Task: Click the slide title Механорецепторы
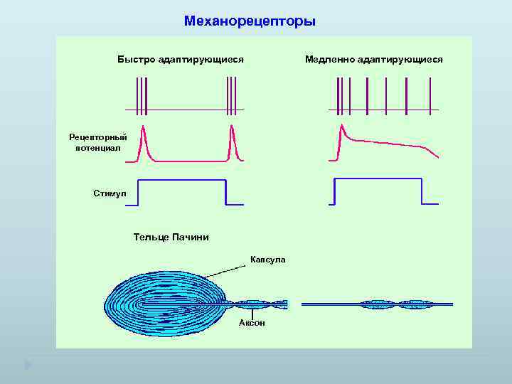250,21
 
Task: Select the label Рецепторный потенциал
98,142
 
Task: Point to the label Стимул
110,193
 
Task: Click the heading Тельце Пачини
171,237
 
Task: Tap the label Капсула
268,260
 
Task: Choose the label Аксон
252,323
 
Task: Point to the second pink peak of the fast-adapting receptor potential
232,129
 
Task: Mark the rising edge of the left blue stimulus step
138,192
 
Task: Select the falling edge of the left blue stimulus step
225,192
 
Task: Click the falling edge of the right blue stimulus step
422,192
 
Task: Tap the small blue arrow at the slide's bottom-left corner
28,365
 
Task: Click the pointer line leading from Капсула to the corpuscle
226,270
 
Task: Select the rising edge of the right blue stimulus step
335,192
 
